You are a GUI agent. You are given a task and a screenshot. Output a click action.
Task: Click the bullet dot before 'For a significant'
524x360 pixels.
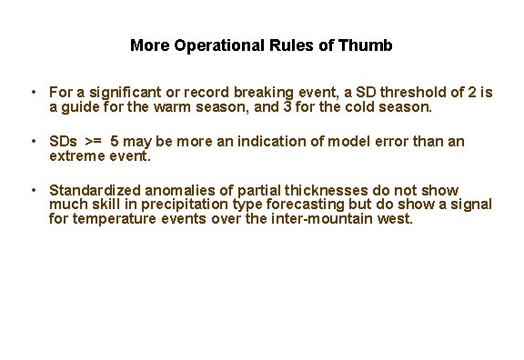pyautogui.click(x=33, y=93)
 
